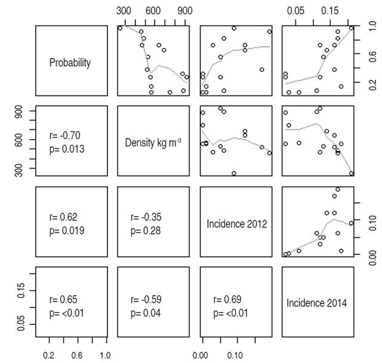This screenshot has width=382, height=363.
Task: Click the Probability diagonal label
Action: tap(70, 63)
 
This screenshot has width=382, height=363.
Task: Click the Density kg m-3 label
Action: tap(153, 142)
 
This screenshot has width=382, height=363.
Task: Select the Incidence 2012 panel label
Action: tap(236, 223)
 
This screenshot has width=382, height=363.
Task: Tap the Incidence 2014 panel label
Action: tap(317, 303)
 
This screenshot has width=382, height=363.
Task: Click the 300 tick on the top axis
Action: tap(124, 10)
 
